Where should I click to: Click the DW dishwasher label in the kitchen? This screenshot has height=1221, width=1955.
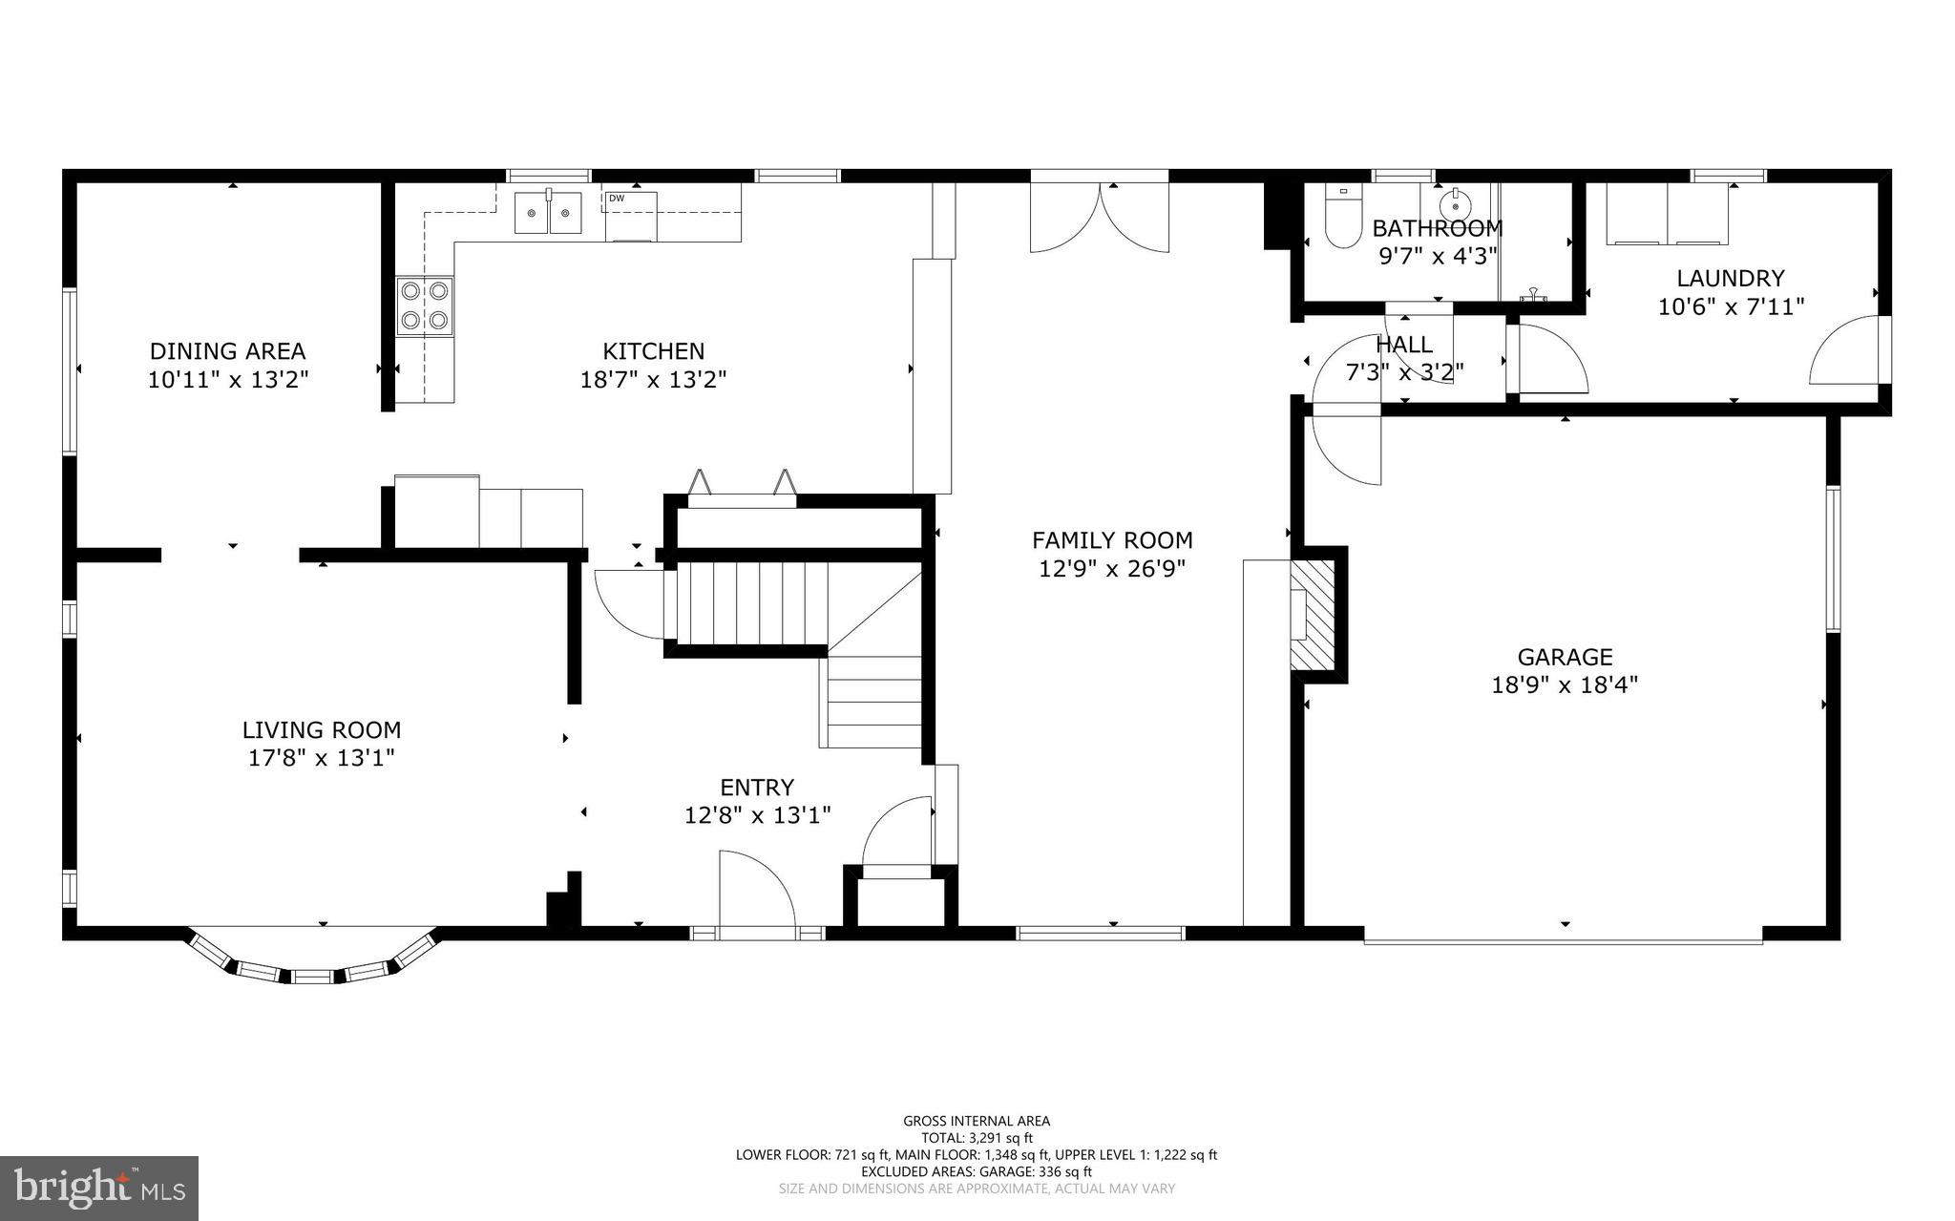(x=617, y=199)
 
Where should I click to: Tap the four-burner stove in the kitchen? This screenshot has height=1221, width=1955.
(x=425, y=305)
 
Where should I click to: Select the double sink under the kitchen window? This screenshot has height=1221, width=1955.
(x=549, y=213)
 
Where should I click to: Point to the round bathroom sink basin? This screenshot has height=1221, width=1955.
(x=1454, y=206)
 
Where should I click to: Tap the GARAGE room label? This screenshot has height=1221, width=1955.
(x=1565, y=657)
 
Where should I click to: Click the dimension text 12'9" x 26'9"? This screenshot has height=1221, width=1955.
(x=1112, y=569)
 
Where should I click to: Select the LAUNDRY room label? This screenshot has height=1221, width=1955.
(x=1731, y=278)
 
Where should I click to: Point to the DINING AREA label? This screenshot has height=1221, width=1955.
(x=227, y=351)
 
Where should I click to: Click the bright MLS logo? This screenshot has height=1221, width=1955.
(x=99, y=1188)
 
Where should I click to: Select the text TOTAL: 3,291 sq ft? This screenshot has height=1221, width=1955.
(x=977, y=1138)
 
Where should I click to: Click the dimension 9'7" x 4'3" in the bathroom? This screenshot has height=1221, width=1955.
(x=1438, y=256)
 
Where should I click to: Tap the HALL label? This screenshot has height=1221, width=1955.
(x=1403, y=344)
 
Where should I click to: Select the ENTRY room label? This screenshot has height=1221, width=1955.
(x=756, y=788)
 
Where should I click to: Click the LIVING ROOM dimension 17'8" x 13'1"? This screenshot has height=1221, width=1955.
(x=321, y=758)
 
